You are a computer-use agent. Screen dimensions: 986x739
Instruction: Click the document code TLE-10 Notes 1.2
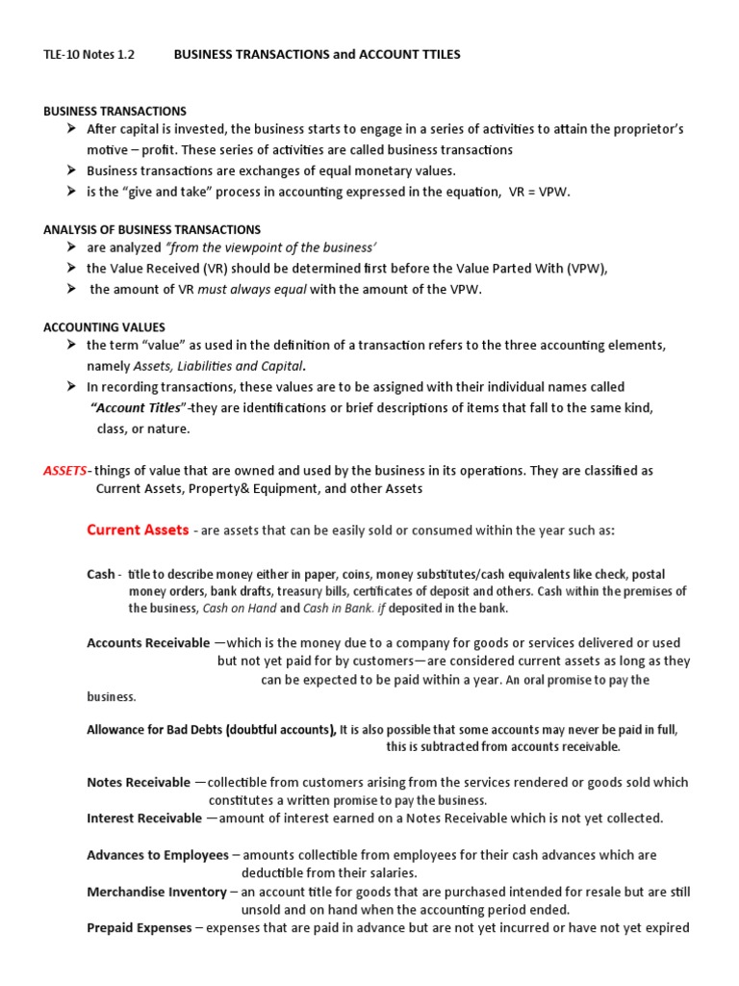pyautogui.click(x=89, y=55)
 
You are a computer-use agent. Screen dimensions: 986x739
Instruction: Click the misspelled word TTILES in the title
pyautogui.click(x=438, y=55)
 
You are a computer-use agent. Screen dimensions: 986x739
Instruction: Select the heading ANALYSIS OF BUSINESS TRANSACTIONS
pyautogui.click(x=152, y=229)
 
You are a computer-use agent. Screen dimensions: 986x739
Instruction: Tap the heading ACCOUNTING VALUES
pyautogui.click(x=104, y=327)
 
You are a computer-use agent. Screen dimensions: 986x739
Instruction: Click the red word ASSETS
pyautogui.click(x=64, y=471)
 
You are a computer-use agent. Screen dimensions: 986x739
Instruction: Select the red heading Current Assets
pyautogui.click(x=138, y=530)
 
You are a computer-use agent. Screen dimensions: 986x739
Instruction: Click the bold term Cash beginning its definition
pyautogui.click(x=100, y=574)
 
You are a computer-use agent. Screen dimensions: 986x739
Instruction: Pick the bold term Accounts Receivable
pyautogui.click(x=148, y=642)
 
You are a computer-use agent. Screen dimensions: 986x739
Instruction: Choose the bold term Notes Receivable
pyautogui.click(x=139, y=783)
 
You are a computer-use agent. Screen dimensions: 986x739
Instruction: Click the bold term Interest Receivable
pyautogui.click(x=144, y=818)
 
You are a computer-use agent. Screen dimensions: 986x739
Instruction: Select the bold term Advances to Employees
pyautogui.click(x=158, y=855)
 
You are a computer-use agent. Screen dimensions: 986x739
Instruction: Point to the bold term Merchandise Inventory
pyautogui.click(x=157, y=892)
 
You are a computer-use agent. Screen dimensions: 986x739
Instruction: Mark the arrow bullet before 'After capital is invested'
pyautogui.click(x=72, y=129)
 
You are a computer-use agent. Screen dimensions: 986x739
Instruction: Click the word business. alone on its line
pyautogui.click(x=112, y=696)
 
